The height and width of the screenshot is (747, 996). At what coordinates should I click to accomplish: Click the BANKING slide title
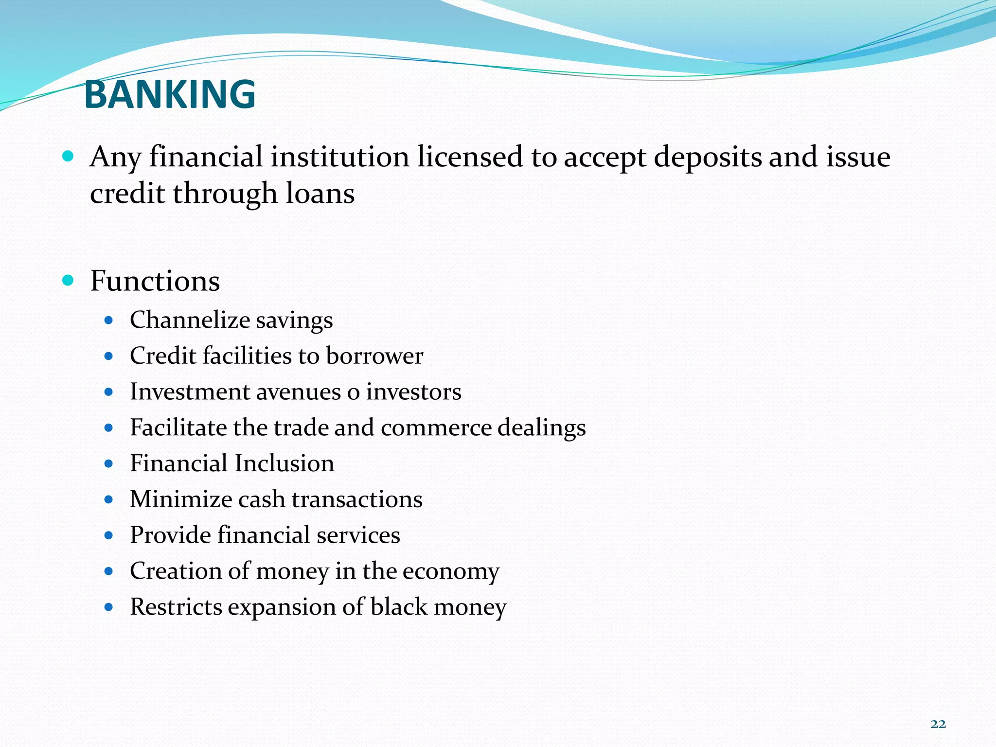[x=170, y=94]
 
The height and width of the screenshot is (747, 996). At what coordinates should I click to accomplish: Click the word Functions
[x=155, y=281]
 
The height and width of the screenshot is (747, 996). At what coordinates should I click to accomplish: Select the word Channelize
[x=190, y=320]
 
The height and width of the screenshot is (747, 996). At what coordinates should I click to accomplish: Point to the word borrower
[x=374, y=356]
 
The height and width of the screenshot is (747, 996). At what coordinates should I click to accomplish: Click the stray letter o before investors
[x=353, y=392]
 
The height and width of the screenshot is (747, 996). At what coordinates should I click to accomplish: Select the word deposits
[x=708, y=158]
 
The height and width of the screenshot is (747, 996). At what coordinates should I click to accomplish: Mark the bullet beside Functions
[x=68, y=280]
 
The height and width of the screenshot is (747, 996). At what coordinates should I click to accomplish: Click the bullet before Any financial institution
[x=68, y=156]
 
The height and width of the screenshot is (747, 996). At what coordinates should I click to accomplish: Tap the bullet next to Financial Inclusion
[x=109, y=463]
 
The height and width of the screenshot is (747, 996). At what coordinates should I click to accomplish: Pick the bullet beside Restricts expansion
[x=109, y=607]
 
